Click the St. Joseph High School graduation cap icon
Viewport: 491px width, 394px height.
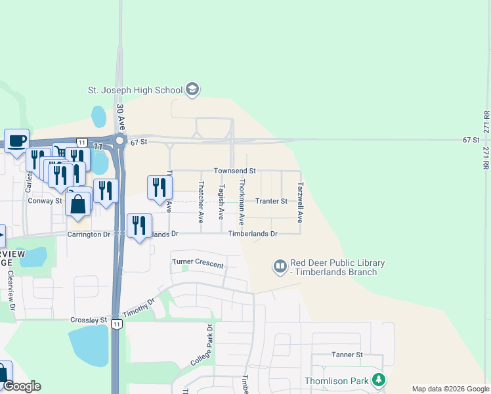[x=192, y=89]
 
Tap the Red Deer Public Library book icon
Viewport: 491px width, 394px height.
[x=280, y=266]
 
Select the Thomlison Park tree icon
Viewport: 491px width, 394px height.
[x=378, y=380]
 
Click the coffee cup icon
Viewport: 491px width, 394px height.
[x=17, y=139]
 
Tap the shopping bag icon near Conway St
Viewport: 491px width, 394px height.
[x=78, y=204]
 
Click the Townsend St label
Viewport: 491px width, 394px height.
[x=234, y=170]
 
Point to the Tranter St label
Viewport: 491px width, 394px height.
[x=271, y=201]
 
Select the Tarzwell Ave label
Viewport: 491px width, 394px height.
[x=300, y=202]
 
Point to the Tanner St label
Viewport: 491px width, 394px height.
[x=347, y=355]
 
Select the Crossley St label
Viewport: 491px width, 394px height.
[x=88, y=320]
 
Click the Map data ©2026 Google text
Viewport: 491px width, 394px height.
[x=450, y=389]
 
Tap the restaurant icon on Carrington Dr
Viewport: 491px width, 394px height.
[x=139, y=225]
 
